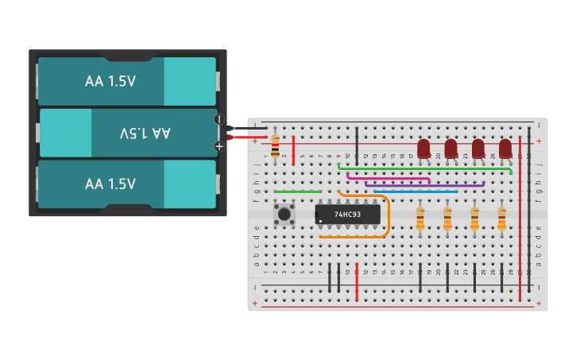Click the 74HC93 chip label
tap(347, 215)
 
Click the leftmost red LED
tap(423, 148)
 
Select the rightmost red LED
tap(505, 148)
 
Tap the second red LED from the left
tap(450, 148)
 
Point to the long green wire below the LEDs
tap(425, 169)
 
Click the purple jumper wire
tap(425, 185)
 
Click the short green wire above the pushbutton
tap(297, 192)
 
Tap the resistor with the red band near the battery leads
tap(275, 146)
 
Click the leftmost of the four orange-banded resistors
tap(420, 219)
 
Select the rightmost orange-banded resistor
tap(501, 219)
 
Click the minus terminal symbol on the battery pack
tap(219, 119)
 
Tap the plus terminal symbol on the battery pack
tap(219, 146)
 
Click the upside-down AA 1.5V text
tap(145, 133)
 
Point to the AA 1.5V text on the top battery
tap(110, 81)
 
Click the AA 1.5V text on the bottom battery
tap(110, 184)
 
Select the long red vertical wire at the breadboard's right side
tap(520, 219)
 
